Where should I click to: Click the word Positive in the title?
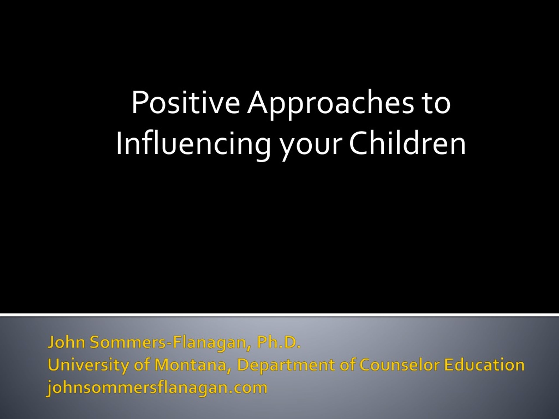[185, 103]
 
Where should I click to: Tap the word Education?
[484, 365]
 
